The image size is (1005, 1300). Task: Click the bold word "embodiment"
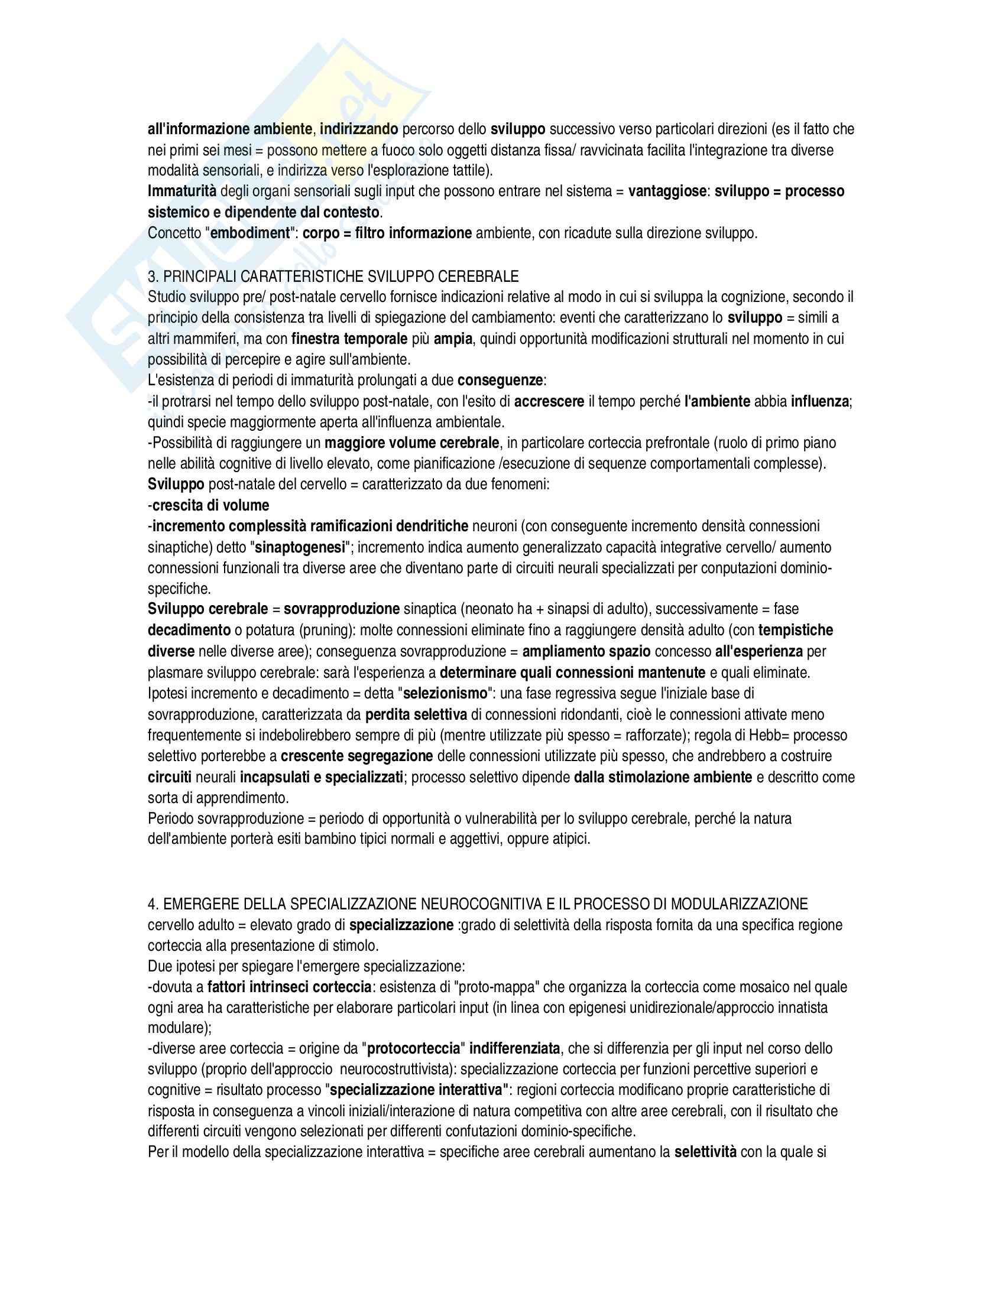pos(249,233)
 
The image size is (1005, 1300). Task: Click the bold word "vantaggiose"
pos(668,191)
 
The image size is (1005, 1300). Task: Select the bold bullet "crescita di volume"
pos(211,505)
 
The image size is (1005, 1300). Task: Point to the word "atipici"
pos(568,840)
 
